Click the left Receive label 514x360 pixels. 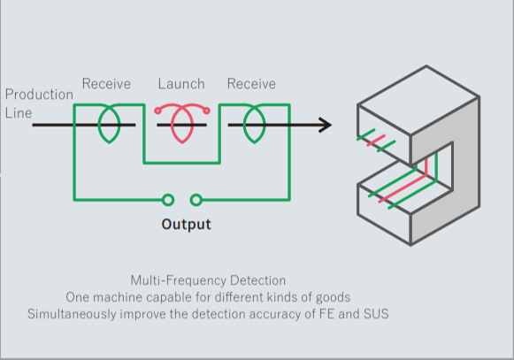click(x=106, y=84)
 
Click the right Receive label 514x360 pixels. click(x=251, y=84)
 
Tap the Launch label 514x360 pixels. click(x=181, y=84)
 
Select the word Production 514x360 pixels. click(x=39, y=95)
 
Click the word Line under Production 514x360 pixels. click(x=19, y=113)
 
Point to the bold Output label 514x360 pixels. click(x=186, y=225)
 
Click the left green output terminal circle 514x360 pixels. click(x=168, y=200)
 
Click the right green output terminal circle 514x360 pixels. click(x=196, y=200)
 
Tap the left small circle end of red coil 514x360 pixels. click(x=157, y=111)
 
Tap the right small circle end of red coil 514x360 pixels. click(x=206, y=111)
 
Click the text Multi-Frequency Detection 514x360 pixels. click(x=208, y=280)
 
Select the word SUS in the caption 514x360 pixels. click(x=376, y=314)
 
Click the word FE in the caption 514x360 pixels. click(x=326, y=314)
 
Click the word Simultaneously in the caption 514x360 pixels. click(x=72, y=314)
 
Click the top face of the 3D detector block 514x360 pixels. click(x=418, y=100)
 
